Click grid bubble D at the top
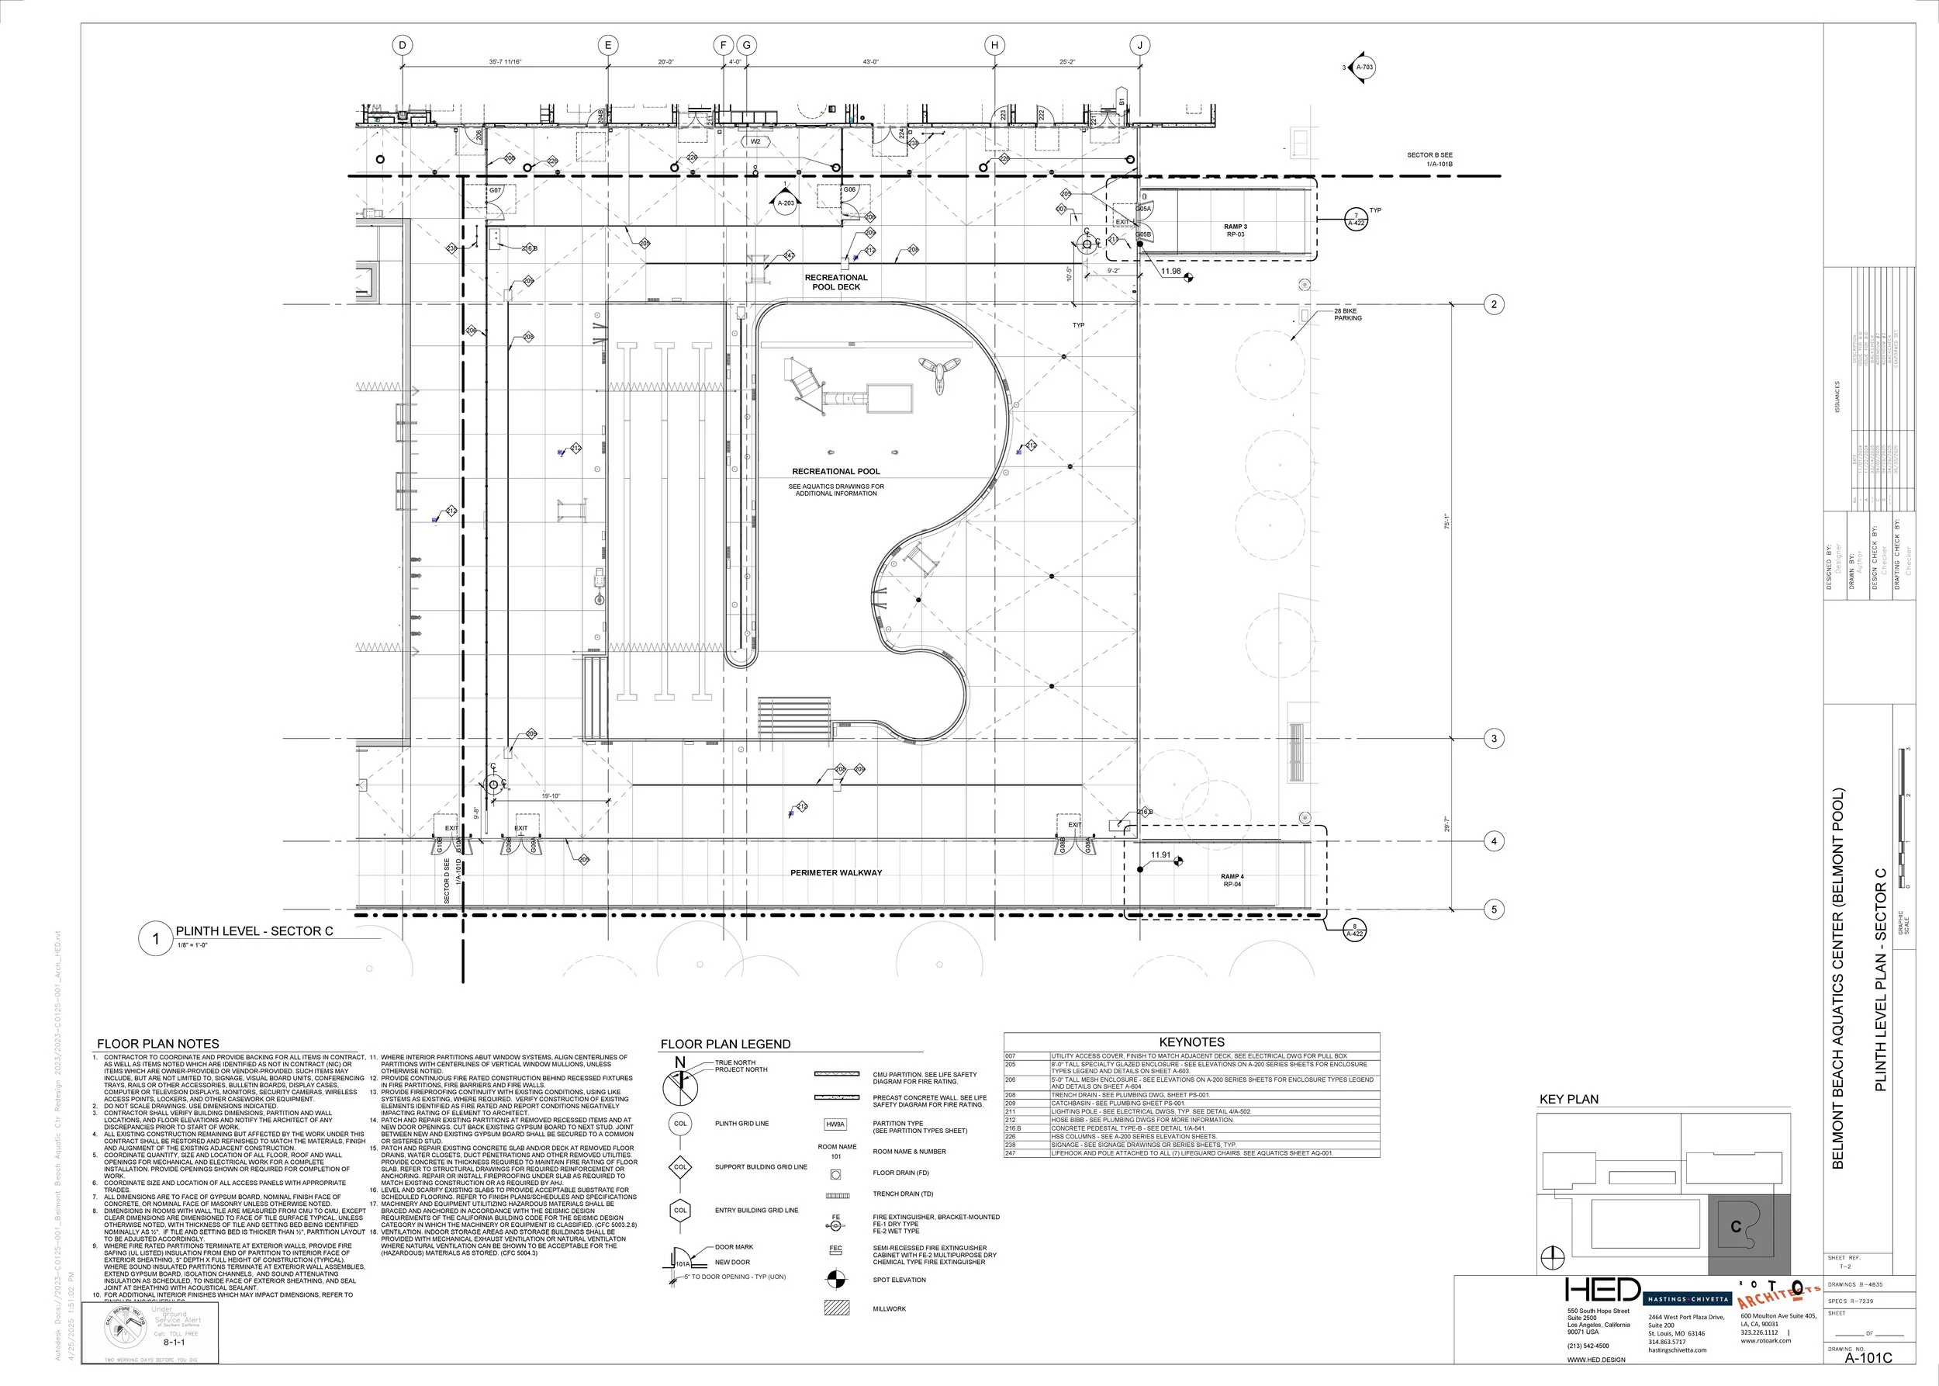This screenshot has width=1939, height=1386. tap(403, 45)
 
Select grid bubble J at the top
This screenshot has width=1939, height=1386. tap(1141, 45)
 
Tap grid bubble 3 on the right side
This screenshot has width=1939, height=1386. tap(1494, 739)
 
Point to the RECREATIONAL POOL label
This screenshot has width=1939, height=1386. tap(835, 471)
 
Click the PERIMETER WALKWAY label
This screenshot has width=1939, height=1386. tap(836, 872)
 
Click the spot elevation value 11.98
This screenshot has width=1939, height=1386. tap(1170, 272)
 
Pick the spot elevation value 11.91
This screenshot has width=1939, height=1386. tap(1160, 854)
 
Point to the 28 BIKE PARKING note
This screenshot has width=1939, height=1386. tap(1348, 315)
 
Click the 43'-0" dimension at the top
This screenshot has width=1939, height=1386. tap(870, 62)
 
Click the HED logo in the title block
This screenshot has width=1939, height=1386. tap(1603, 1291)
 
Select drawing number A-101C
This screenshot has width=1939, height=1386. tap(1868, 1357)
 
